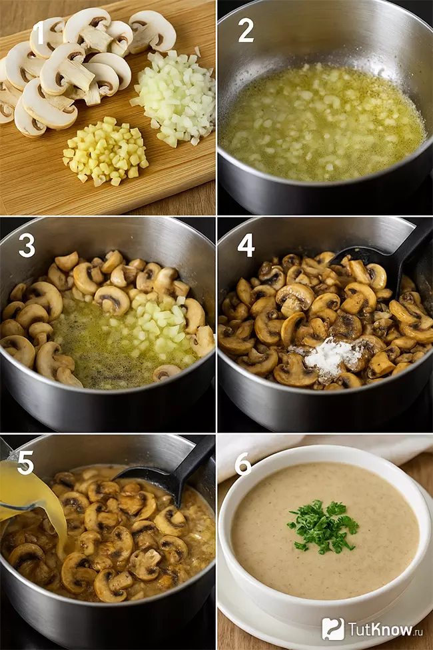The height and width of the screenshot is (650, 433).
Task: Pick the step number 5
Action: [x=26, y=462]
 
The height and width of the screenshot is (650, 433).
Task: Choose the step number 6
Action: [x=244, y=463]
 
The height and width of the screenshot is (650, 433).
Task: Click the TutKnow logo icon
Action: [x=332, y=629]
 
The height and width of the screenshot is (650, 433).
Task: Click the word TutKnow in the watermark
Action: [x=380, y=629]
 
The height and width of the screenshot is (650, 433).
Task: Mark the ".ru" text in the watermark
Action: [x=418, y=631]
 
